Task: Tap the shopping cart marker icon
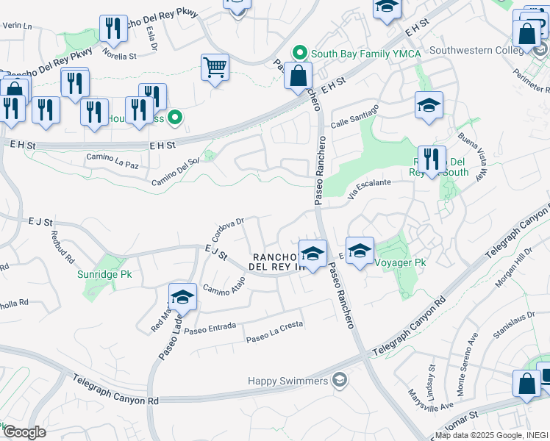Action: (215, 68)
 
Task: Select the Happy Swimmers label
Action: (298, 380)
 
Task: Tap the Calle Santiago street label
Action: (356, 117)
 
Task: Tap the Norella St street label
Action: (119, 54)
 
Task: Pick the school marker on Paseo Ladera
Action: (182, 297)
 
